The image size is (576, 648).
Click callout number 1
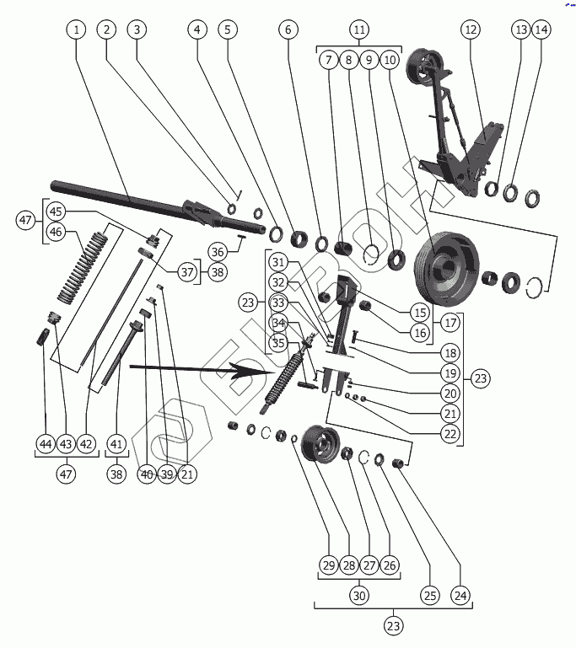coord(77,29)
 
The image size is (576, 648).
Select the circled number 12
coord(471,29)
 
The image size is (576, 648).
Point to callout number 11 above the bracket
coord(359,29)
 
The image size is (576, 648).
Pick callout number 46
coord(56,232)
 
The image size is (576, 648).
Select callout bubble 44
coord(46,444)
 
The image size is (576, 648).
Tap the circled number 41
coord(116,444)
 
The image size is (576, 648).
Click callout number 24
coord(460,595)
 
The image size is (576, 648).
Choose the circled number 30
coord(359,595)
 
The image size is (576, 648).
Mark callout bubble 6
coord(288,29)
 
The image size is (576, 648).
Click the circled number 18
coord(449,354)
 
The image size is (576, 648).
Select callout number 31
coord(279,262)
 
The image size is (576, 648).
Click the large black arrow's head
coord(274,371)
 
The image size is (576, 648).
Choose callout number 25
coord(430,595)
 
